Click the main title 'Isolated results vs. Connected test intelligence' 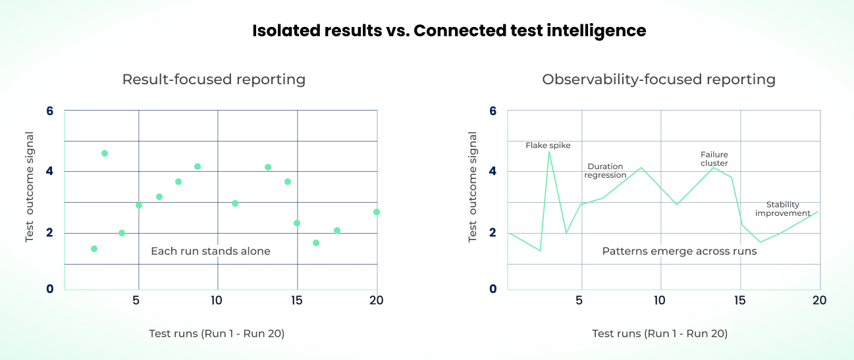click(449, 31)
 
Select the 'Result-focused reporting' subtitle click(214, 80)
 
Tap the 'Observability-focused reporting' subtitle click(658, 80)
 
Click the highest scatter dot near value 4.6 click(105, 153)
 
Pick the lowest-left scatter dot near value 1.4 click(94, 249)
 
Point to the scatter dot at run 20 click(377, 212)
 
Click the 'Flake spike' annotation click(548, 145)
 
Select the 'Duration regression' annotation click(605, 171)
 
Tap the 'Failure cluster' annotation click(714, 159)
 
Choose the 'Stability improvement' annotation click(783, 209)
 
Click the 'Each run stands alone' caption click(211, 251)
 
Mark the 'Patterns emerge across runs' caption click(680, 251)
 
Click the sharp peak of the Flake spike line click(549, 152)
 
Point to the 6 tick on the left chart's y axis click(50, 111)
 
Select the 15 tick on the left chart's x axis click(296, 300)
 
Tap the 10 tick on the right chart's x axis click(659, 300)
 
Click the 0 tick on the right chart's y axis click(493, 288)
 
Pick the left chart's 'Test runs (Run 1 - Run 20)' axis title click(217, 334)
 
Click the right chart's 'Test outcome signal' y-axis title click(473, 186)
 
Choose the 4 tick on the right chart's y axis click(493, 171)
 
